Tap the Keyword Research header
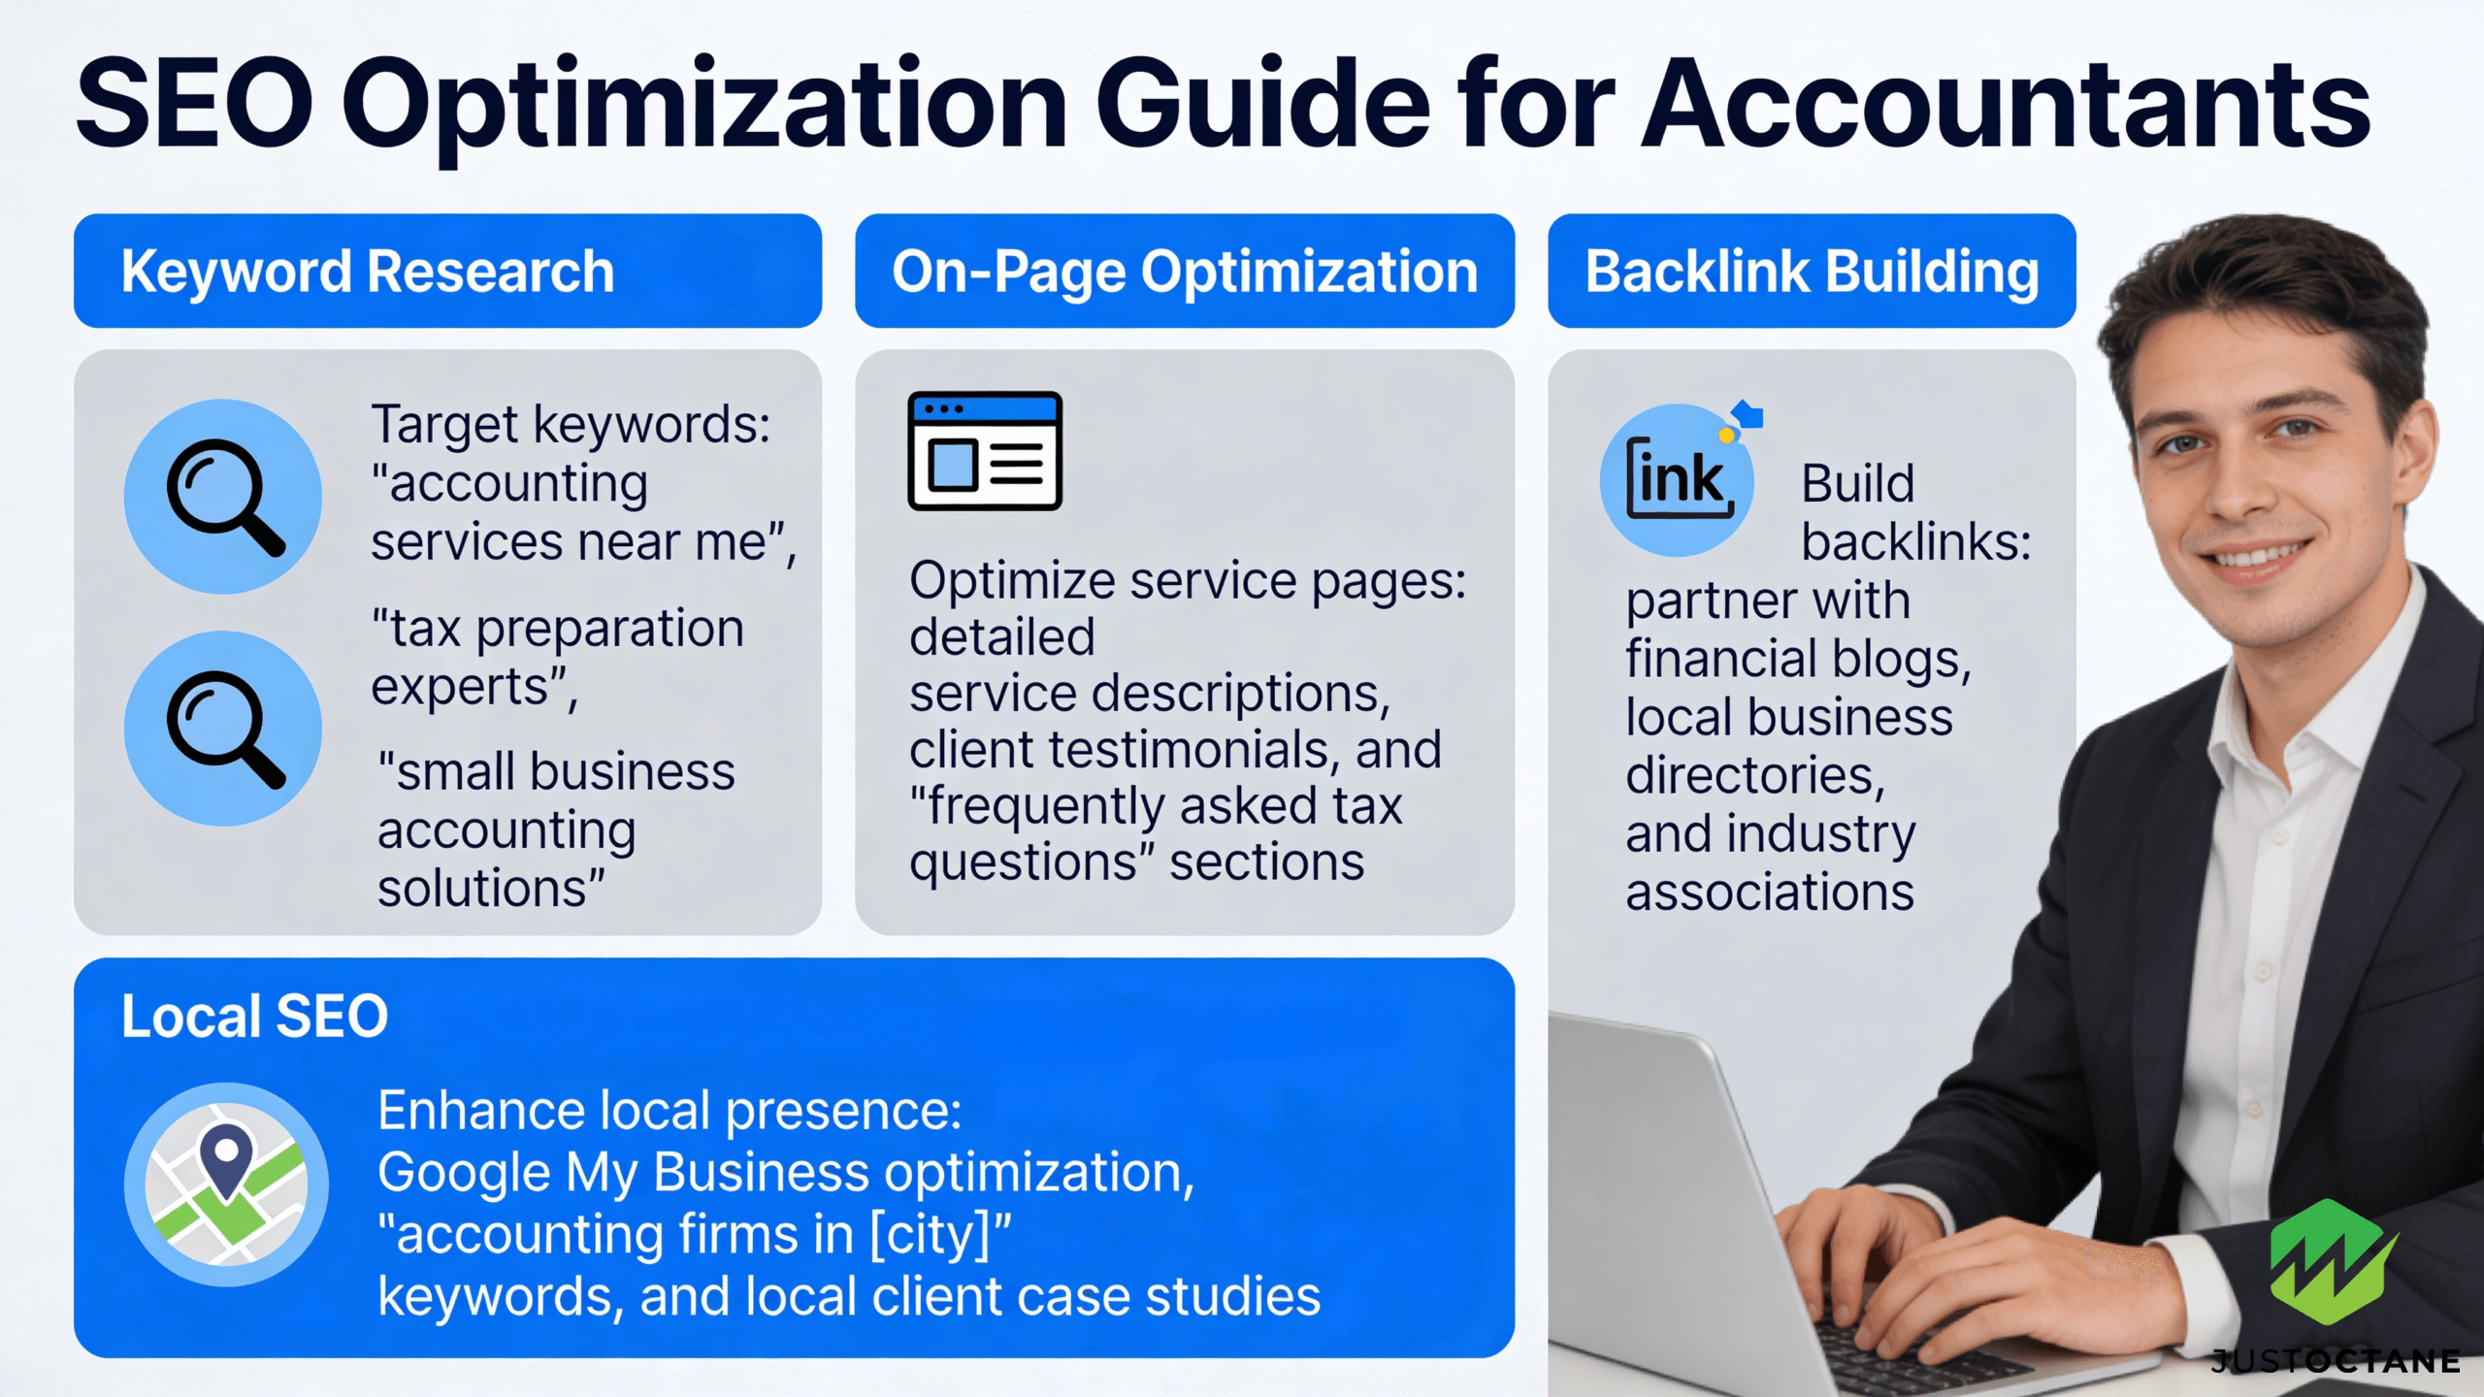(x=368, y=271)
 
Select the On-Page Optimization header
(x=1185, y=272)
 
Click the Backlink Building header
(x=1812, y=272)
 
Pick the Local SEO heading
(x=254, y=1016)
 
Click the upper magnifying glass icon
(x=223, y=497)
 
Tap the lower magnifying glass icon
(x=223, y=729)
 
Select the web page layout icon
(x=985, y=451)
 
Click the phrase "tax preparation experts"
(x=558, y=658)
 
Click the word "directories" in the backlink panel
(x=1755, y=775)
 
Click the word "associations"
(x=1770, y=892)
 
